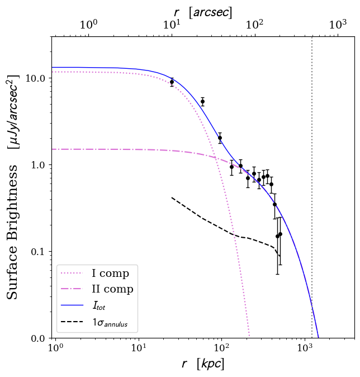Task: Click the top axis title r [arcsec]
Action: click(x=203, y=12)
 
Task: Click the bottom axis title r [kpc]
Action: click(x=203, y=364)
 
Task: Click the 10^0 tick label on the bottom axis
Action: click(x=54, y=350)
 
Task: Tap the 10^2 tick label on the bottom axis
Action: click(x=221, y=350)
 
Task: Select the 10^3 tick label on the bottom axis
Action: click(x=305, y=350)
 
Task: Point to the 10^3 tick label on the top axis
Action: click(x=338, y=25)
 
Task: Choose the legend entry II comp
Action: click(x=112, y=289)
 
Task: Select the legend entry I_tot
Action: click(x=101, y=305)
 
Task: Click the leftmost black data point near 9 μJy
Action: click(x=172, y=82)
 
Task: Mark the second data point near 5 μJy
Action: click(x=202, y=101)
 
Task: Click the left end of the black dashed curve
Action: click(x=172, y=197)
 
